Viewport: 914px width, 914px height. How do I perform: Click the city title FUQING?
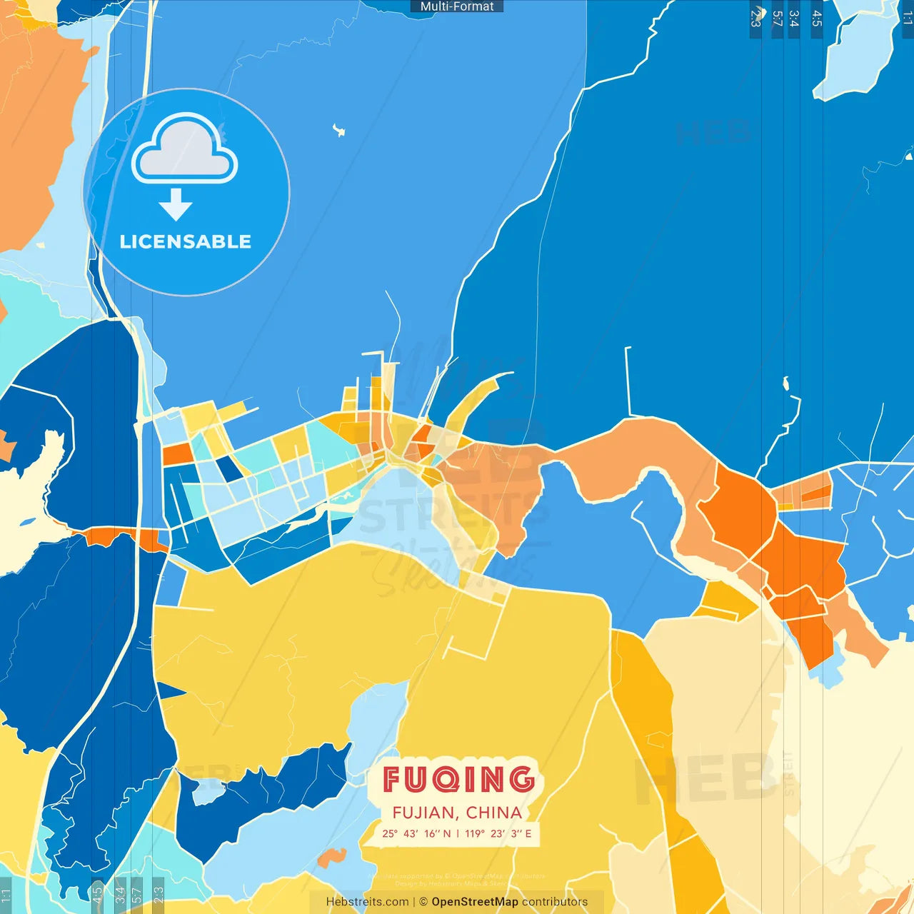point(458,779)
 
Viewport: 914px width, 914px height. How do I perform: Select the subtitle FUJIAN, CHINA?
point(457,813)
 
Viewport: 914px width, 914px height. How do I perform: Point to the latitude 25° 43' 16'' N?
point(416,833)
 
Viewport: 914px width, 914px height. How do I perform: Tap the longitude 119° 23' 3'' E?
point(498,833)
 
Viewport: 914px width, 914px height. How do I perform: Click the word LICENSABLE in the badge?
point(186,241)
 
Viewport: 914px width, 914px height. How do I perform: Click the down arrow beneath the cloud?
point(176,206)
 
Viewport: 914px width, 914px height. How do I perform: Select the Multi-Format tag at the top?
point(457,6)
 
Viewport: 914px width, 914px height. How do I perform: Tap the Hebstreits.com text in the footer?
point(367,902)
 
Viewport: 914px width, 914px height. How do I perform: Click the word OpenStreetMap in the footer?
point(475,902)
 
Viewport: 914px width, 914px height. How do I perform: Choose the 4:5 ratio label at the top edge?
point(817,19)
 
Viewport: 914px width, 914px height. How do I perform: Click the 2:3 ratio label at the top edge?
point(755,19)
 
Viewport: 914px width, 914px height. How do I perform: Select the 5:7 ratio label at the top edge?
point(777,19)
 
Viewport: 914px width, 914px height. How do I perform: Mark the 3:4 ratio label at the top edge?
point(794,19)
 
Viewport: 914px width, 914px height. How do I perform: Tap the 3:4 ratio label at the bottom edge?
point(120,894)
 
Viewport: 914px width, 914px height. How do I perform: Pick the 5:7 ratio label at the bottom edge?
point(137,894)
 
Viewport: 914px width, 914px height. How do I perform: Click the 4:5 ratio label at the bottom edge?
point(97,894)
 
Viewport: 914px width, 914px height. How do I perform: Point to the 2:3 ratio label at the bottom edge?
point(159,894)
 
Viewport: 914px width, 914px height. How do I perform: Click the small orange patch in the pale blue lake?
point(331,856)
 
